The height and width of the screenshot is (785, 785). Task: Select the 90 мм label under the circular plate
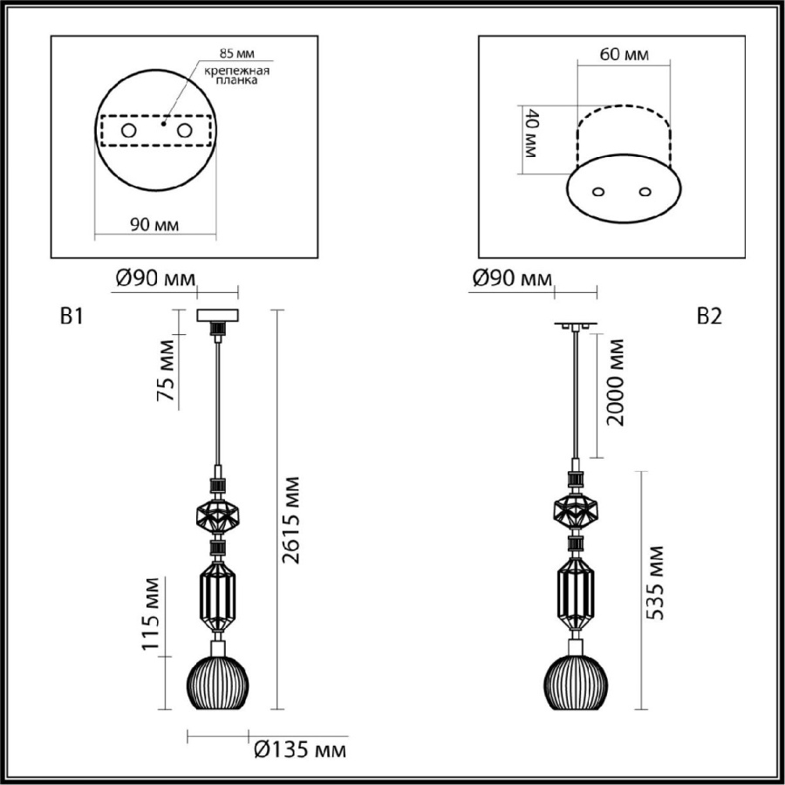tap(154, 225)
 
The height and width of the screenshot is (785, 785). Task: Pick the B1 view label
tap(71, 317)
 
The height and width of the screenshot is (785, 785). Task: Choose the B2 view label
tap(709, 317)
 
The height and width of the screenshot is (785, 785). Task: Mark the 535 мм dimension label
tap(656, 584)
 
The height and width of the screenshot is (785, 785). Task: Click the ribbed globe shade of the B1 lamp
tap(218, 681)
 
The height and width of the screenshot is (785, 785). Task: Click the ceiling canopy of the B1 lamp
tap(218, 315)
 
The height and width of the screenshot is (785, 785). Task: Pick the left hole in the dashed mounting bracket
tap(128, 130)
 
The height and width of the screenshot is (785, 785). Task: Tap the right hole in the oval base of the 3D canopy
tap(645, 191)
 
